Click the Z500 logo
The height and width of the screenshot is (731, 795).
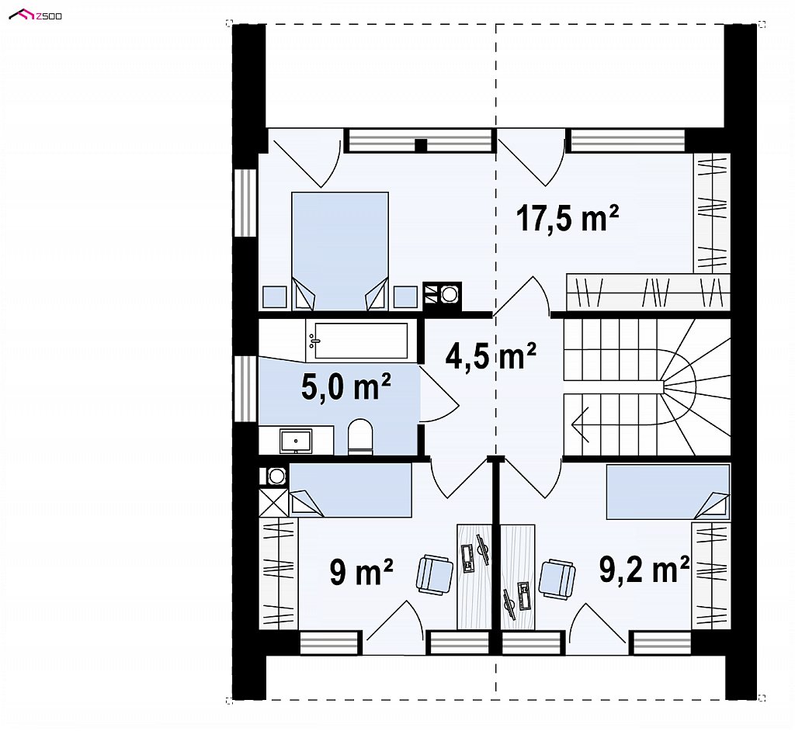[x=36, y=16]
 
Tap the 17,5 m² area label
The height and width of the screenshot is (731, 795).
[x=568, y=218]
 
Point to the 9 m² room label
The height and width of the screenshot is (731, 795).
[x=362, y=573]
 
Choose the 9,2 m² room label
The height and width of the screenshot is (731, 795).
[x=644, y=570]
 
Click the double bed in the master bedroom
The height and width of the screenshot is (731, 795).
[x=340, y=251]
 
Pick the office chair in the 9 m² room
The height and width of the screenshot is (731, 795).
[x=435, y=574]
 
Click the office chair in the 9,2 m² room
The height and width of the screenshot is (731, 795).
[x=557, y=578]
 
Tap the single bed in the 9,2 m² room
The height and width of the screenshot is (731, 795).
[x=668, y=492]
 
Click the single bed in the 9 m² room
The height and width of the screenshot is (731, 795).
[x=350, y=490]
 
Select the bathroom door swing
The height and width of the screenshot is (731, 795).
[x=439, y=394]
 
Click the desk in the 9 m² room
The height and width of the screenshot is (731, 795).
[x=474, y=577]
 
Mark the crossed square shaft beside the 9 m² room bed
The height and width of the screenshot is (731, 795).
[x=274, y=502]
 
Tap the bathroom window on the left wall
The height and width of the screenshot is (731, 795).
[x=246, y=389]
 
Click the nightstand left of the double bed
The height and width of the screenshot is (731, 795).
[x=275, y=296]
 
